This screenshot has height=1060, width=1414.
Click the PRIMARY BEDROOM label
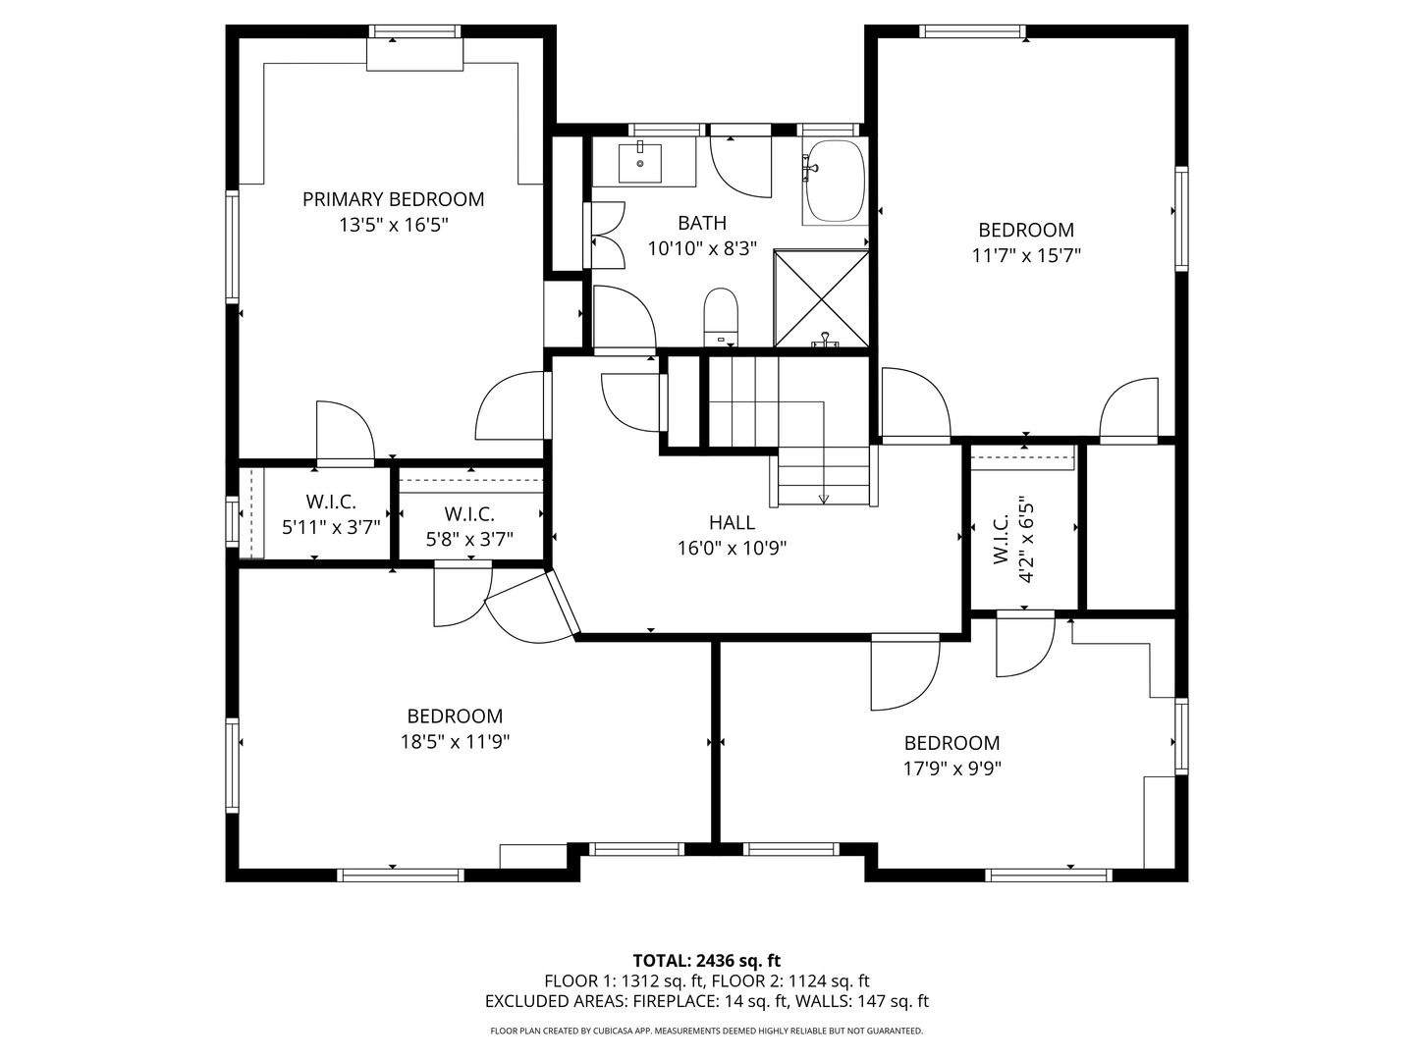tap(393, 199)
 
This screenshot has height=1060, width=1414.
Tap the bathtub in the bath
tap(835, 182)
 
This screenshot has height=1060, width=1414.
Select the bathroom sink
tap(643, 162)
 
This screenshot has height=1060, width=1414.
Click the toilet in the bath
tap(721, 316)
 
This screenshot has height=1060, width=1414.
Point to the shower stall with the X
tap(822, 299)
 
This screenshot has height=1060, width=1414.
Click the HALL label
tap(732, 522)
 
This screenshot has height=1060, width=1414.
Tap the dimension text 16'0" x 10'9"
tap(732, 548)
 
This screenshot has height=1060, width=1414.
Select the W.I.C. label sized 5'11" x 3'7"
tap(331, 503)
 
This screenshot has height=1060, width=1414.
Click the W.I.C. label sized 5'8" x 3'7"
tap(469, 513)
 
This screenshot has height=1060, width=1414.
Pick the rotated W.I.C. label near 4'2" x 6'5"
tap(1002, 540)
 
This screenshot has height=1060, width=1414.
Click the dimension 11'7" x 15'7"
tap(1026, 255)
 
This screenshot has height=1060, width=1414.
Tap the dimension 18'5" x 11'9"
tap(455, 742)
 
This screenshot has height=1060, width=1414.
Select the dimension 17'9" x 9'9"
tap(952, 768)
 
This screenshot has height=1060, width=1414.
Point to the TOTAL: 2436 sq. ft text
tap(707, 960)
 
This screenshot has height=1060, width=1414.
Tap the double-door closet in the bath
tap(607, 236)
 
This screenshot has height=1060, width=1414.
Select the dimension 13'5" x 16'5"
tap(393, 225)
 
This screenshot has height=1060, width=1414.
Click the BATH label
tap(702, 223)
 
